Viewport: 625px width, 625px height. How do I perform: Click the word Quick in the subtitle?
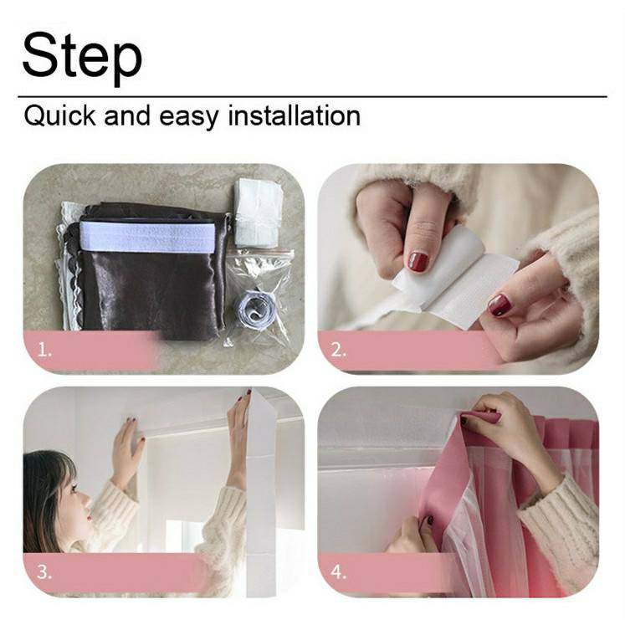[59, 116]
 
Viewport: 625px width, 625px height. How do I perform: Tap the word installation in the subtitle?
[295, 115]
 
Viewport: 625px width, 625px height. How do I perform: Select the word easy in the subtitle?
[188, 118]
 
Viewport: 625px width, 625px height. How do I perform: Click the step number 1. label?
[44, 351]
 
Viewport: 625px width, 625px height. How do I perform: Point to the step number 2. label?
[339, 350]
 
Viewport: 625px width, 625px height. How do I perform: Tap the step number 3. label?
[44, 572]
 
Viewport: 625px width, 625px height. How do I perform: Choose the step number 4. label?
[338, 572]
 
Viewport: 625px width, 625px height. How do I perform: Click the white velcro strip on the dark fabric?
[147, 237]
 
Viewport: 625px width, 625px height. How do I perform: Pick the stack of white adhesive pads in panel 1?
[259, 213]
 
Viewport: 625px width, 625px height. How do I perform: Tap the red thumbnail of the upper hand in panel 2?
[418, 262]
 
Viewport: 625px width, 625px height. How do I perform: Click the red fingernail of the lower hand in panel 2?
[500, 305]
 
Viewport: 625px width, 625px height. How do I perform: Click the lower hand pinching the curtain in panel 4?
[412, 534]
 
